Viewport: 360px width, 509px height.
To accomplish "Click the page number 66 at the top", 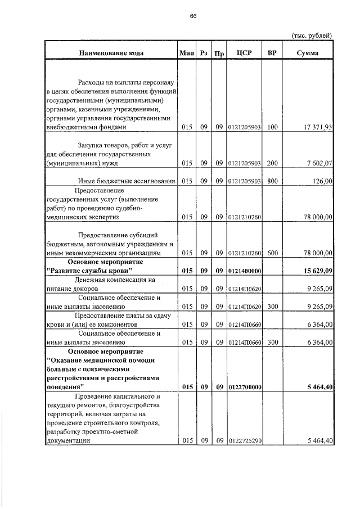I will click(x=192, y=16).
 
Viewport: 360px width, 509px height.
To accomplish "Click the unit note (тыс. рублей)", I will click(x=312, y=35).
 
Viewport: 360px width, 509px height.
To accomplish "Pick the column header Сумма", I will click(x=307, y=53).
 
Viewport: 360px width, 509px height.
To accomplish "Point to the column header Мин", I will click(x=186, y=53).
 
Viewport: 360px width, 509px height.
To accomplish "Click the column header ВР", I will click(x=272, y=53).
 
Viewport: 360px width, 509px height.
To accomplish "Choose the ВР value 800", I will click(x=272, y=181).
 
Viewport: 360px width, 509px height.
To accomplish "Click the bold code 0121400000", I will click(x=244, y=271).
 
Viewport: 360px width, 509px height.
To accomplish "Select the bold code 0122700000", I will click(x=244, y=388).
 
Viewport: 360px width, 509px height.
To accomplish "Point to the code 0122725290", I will click(x=244, y=441).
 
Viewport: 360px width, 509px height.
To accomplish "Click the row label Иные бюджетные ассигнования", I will click(x=127, y=181).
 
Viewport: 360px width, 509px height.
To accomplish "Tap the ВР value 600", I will click(x=272, y=253).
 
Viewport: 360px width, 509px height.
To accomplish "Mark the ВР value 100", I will click(x=272, y=128).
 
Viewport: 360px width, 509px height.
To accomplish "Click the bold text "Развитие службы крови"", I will click(x=89, y=271).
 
